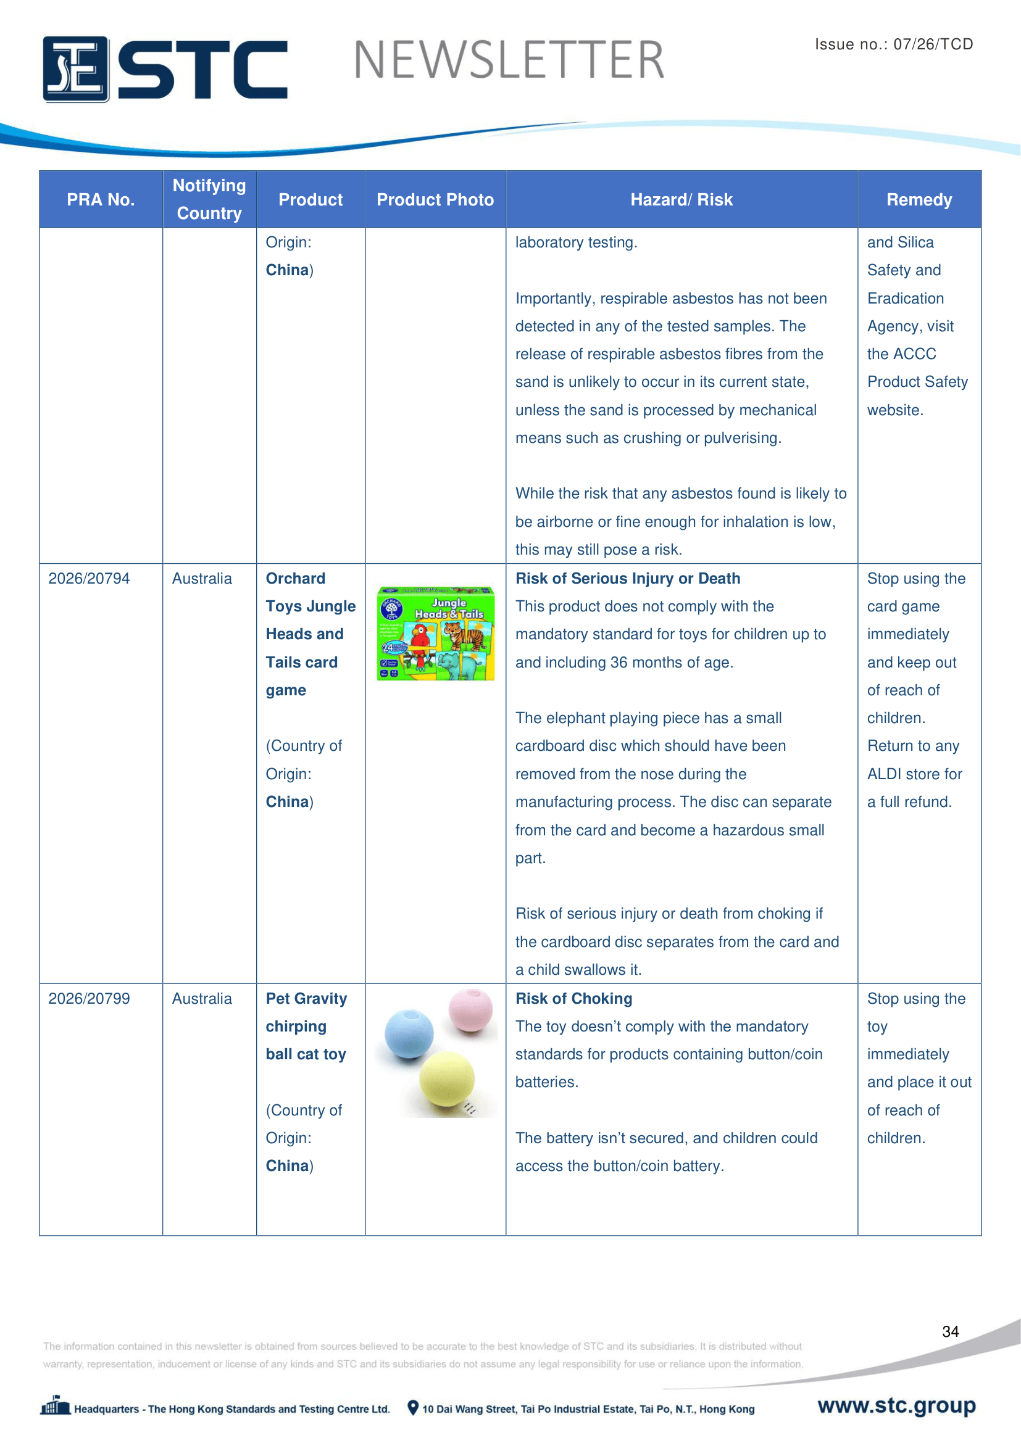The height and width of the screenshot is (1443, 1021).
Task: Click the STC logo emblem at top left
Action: tap(75, 69)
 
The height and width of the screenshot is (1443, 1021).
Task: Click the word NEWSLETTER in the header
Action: tap(509, 60)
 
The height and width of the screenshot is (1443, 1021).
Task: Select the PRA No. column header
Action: tap(101, 199)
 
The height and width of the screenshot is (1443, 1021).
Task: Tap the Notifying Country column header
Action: tap(209, 199)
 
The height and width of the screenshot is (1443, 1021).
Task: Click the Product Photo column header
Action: tap(435, 199)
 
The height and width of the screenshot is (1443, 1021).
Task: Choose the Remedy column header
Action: tap(919, 199)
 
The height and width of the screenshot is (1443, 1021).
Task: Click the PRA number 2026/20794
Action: tap(90, 578)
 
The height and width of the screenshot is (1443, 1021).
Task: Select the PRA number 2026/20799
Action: tap(90, 998)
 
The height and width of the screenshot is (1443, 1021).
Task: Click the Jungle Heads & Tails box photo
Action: tap(436, 633)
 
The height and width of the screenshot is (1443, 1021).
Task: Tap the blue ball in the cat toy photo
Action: tap(409, 1034)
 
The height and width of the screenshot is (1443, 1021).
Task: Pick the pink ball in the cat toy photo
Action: tap(471, 1010)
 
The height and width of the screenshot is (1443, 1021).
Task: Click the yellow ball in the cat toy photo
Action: tap(447, 1078)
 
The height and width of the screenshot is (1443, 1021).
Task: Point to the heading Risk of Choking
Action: tap(573, 998)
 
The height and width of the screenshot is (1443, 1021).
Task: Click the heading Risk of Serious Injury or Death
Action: tap(627, 578)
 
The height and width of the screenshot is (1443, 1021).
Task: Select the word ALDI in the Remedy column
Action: tap(885, 774)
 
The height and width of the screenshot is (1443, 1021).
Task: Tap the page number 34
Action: tap(950, 1331)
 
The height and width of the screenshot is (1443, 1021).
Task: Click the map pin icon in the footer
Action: tap(413, 1407)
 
